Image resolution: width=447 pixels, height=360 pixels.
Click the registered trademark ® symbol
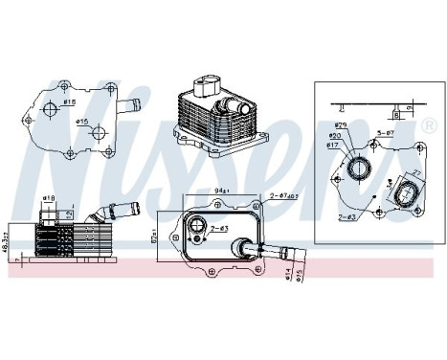click(429, 125)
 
